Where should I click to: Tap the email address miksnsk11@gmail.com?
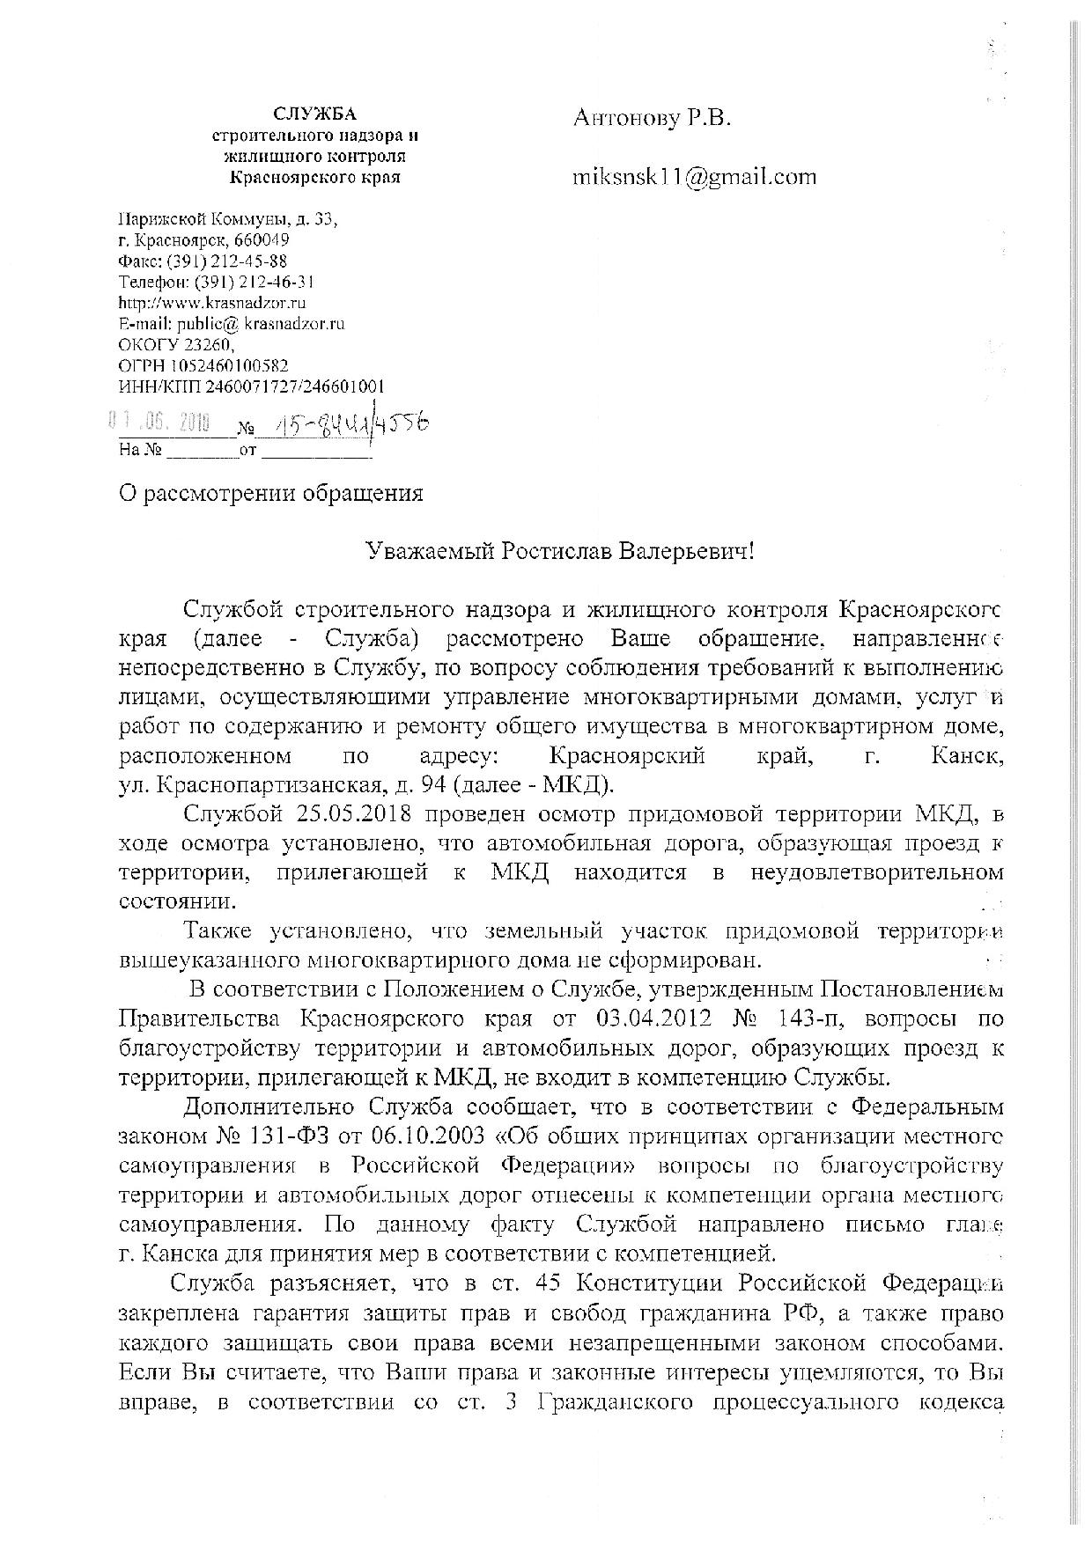click(694, 177)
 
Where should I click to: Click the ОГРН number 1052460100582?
click(225, 365)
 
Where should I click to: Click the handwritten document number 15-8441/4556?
click(351, 426)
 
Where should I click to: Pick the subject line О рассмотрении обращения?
click(271, 494)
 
